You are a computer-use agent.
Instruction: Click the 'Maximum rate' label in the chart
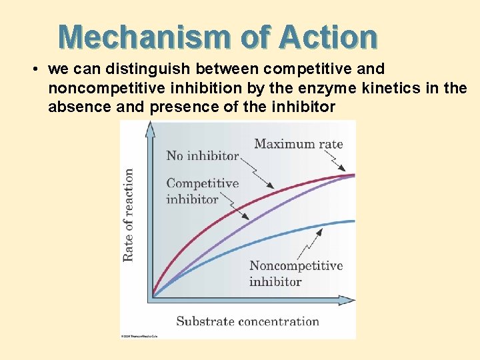pyautogui.click(x=298, y=143)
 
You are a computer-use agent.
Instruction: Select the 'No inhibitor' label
pyautogui.click(x=202, y=155)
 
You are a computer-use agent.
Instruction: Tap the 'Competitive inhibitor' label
pyautogui.click(x=201, y=191)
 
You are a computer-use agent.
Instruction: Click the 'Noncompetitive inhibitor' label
pyautogui.click(x=295, y=273)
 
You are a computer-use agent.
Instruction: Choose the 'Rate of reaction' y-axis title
pyautogui.click(x=128, y=215)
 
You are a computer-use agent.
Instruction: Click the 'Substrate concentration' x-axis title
pyautogui.click(x=247, y=321)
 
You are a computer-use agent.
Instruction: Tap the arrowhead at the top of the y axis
pyautogui.click(x=151, y=129)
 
